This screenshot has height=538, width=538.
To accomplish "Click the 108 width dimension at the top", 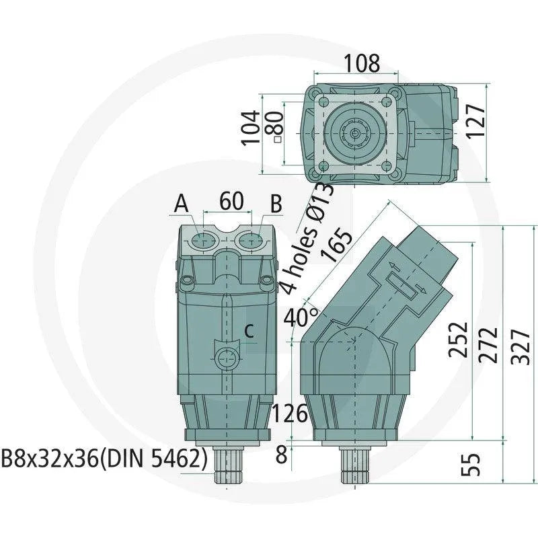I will (362, 63).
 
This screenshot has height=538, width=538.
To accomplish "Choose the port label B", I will (276, 203).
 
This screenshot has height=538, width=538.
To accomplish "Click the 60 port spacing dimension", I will (231, 201).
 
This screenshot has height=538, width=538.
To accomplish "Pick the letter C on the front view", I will (249, 330).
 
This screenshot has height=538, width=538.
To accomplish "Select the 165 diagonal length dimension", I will (338, 246).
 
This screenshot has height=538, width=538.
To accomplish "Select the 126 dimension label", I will (291, 415).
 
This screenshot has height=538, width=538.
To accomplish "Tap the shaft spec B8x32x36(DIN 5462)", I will (104, 459).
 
